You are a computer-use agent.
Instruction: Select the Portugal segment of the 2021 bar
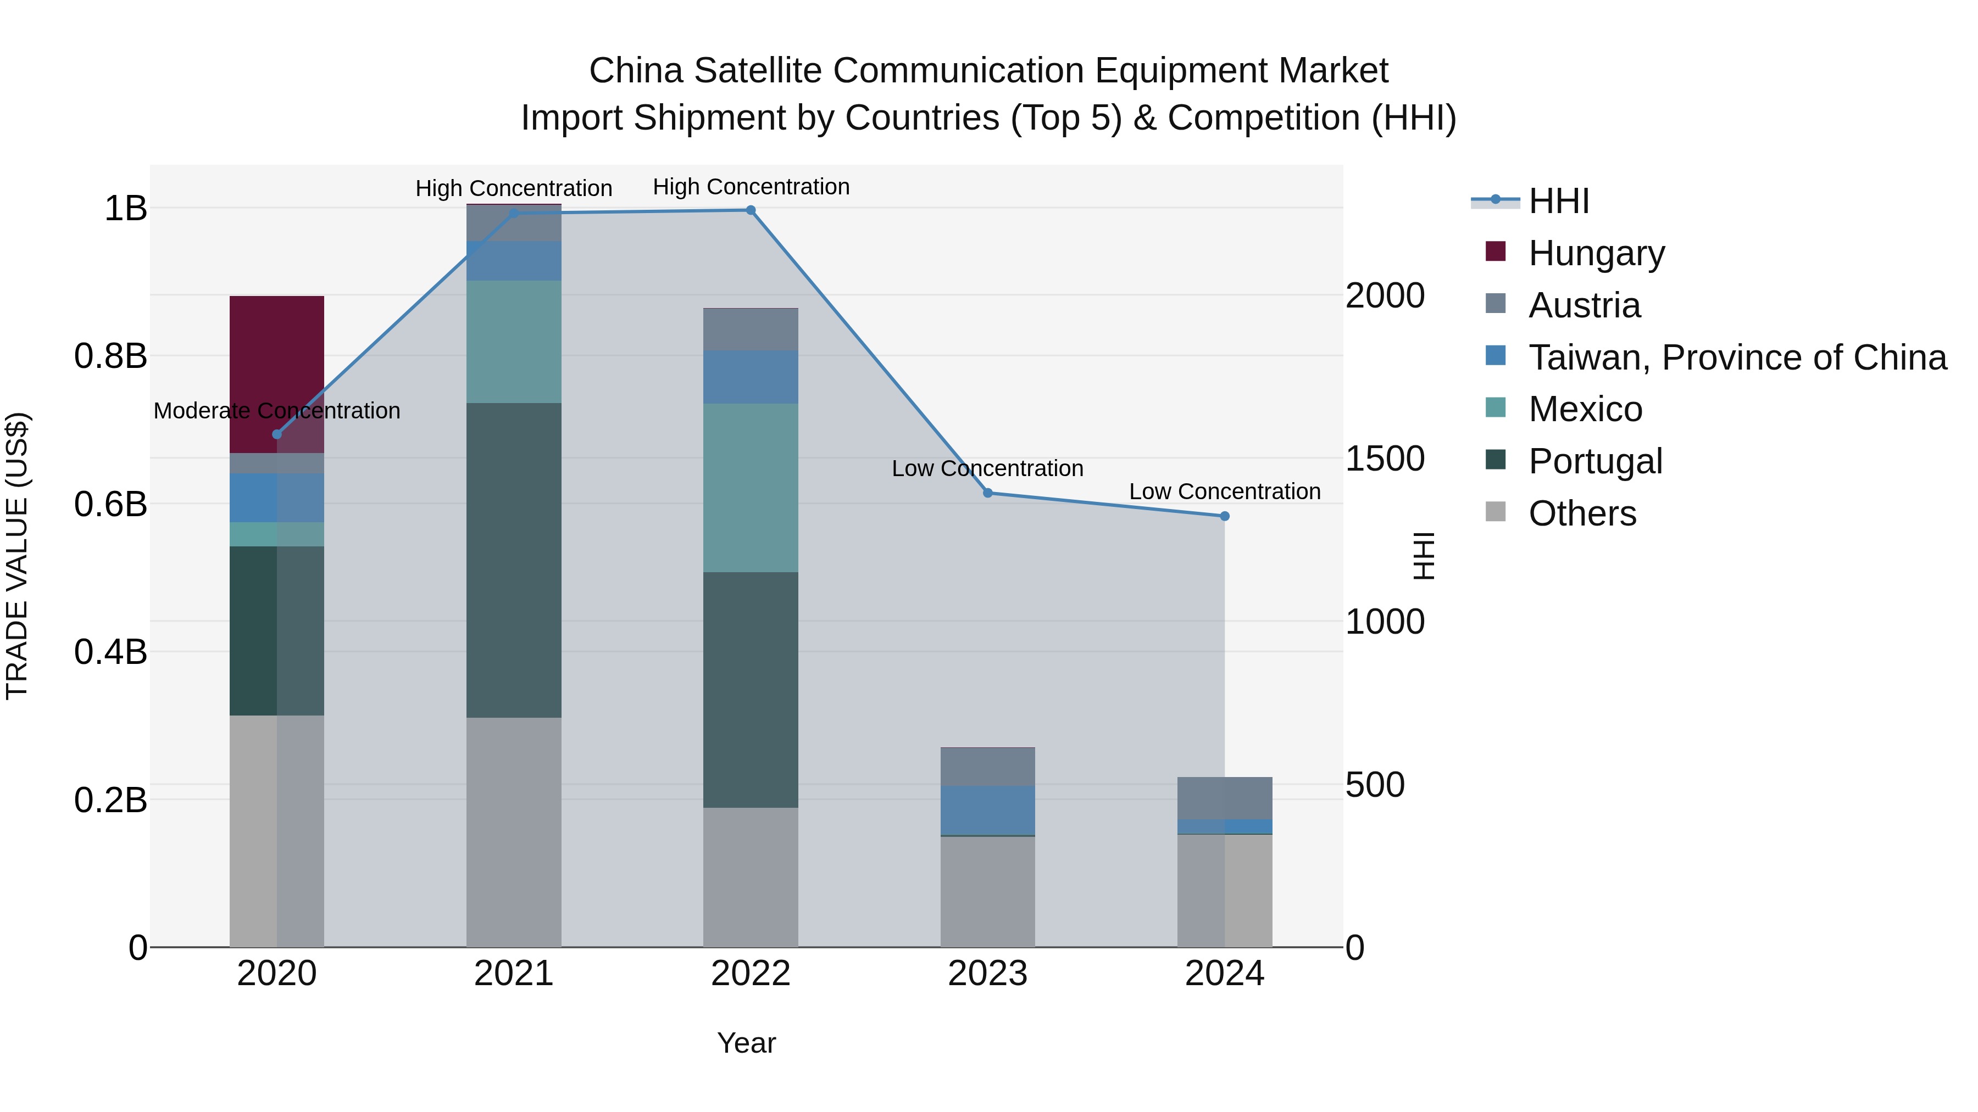click(x=514, y=560)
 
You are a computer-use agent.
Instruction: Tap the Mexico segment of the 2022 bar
click(x=750, y=487)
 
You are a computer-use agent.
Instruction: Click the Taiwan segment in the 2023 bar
click(x=987, y=809)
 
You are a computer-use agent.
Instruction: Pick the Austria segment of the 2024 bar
click(x=1224, y=798)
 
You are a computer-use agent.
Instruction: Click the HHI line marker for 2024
click(x=1225, y=517)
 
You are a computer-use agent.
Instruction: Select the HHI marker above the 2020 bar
click(x=277, y=434)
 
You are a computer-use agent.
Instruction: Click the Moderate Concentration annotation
click(x=277, y=411)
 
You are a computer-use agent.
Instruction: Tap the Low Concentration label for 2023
click(x=987, y=469)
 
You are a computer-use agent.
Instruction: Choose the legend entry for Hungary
click(x=1596, y=253)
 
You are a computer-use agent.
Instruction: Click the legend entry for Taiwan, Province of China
click(x=1737, y=357)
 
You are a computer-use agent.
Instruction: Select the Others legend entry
click(x=1582, y=513)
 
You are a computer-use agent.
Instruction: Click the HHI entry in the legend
click(x=1558, y=201)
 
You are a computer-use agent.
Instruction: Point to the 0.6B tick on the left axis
click(x=110, y=504)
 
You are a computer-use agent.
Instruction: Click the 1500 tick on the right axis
click(x=1385, y=459)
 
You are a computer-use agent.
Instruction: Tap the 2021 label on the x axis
click(x=514, y=974)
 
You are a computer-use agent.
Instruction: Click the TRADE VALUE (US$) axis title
click(x=17, y=556)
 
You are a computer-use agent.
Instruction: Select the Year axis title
click(x=746, y=1043)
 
